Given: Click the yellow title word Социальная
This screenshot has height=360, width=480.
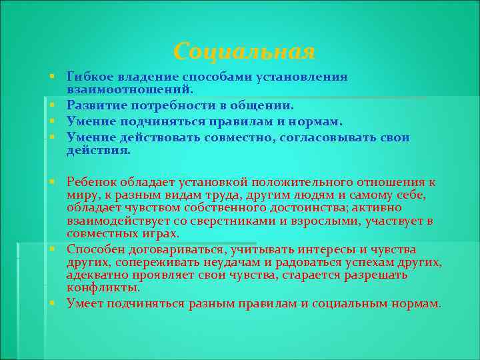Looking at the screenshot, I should click(x=243, y=51).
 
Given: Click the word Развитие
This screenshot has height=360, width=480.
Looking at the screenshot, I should click(x=93, y=105).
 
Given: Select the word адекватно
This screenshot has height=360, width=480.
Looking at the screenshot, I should click(x=97, y=275).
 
